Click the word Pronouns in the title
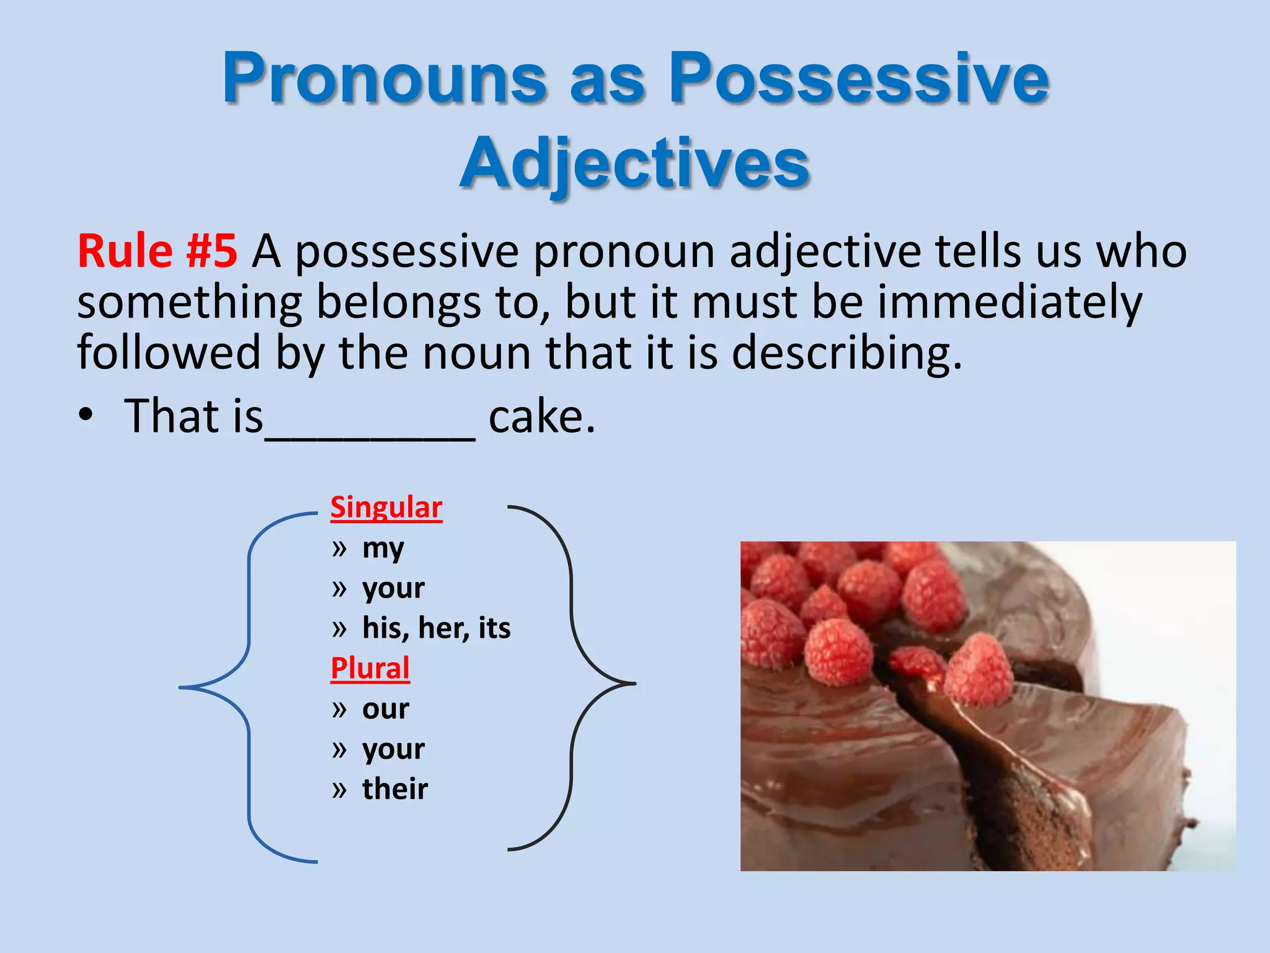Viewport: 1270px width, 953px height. pyautogui.click(x=384, y=79)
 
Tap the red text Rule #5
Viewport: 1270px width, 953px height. pyautogui.click(x=157, y=251)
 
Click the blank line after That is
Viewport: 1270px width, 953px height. pyautogui.click(x=370, y=434)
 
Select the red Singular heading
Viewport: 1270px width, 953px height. pyautogui.click(x=386, y=508)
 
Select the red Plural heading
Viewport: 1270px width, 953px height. pyautogui.click(x=370, y=669)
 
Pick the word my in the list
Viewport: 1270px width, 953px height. pyautogui.click(x=383, y=548)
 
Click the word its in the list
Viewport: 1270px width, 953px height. pyautogui.click(x=494, y=628)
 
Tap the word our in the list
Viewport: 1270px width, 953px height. pyautogui.click(x=385, y=709)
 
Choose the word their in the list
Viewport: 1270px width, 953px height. pyautogui.click(x=395, y=789)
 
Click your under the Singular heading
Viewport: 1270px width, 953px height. pyautogui.click(x=393, y=588)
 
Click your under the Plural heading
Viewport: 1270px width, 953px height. pyautogui.click(x=393, y=749)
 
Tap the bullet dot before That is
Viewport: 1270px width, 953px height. pyautogui.click(x=86, y=416)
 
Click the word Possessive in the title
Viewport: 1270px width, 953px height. pyautogui.click(x=859, y=79)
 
